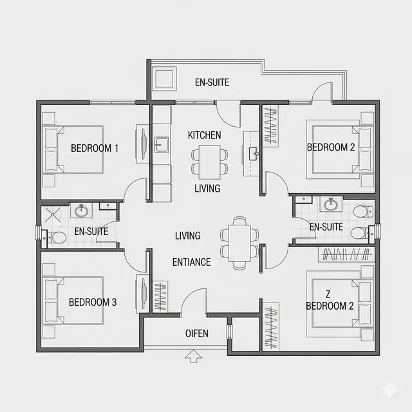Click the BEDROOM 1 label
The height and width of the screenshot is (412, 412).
95,148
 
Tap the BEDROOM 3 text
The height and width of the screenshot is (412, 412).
93,302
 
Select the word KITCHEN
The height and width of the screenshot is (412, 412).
205,135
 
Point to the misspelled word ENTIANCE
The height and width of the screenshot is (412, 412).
192,262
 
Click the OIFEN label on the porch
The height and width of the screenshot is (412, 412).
197,333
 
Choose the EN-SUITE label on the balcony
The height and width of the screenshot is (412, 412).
212,82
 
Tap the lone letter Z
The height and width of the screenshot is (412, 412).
328,294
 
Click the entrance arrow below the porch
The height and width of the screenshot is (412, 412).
193,356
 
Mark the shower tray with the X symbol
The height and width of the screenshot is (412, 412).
53,214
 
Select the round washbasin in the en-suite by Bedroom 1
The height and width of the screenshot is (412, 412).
81,211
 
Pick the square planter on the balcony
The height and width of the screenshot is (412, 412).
164,78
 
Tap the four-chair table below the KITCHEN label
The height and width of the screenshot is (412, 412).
209,162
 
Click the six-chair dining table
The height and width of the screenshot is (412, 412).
239,243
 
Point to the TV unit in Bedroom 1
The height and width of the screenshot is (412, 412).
142,144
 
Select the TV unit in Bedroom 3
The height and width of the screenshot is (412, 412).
142,294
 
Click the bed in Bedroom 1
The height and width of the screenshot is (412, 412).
73,149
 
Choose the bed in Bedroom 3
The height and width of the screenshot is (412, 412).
73,301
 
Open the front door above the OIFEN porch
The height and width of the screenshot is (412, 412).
194,301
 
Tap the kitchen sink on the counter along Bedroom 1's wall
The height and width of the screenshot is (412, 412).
162,145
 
